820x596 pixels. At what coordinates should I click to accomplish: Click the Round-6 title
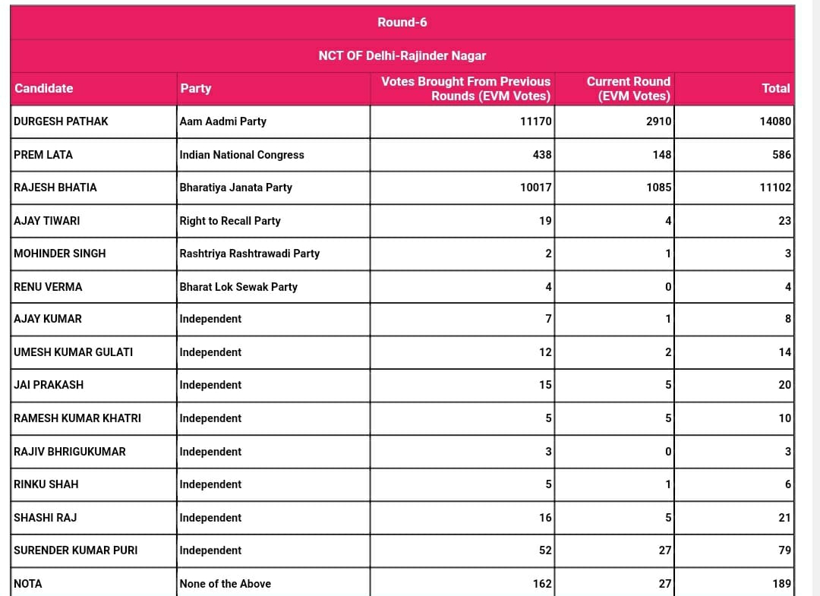point(402,23)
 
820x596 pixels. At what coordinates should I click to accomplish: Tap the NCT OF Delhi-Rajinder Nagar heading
point(402,55)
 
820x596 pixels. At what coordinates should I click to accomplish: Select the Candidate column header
point(44,88)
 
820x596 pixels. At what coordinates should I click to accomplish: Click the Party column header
point(195,88)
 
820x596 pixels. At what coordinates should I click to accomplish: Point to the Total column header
point(775,88)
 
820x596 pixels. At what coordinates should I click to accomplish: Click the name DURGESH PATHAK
point(61,121)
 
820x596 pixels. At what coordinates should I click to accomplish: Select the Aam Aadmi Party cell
point(222,121)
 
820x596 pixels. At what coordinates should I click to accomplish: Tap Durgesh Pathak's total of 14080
point(774,121)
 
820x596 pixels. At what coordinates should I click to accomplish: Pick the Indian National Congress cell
point(241,155)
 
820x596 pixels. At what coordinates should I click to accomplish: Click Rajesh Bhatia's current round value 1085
point(658,188)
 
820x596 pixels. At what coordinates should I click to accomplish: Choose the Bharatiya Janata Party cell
point(235,188)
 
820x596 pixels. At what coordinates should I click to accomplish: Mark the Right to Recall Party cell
point(230,221)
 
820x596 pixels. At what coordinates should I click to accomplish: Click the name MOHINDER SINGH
point(59,254)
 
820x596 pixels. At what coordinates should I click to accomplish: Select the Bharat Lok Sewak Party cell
point(238,287)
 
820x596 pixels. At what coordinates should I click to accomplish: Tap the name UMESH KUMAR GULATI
point(73,352)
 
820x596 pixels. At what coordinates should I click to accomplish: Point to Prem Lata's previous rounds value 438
point(541,155)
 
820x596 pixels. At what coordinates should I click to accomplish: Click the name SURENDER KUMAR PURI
point(76,550)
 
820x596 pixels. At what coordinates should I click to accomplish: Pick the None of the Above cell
point(225,584)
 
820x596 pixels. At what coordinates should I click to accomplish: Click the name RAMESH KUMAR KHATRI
point(77,418)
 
